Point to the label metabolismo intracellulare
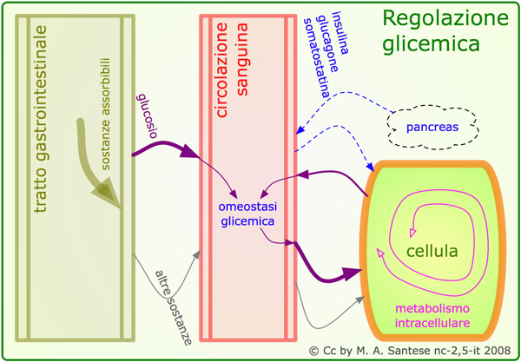[x=432, y=316]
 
